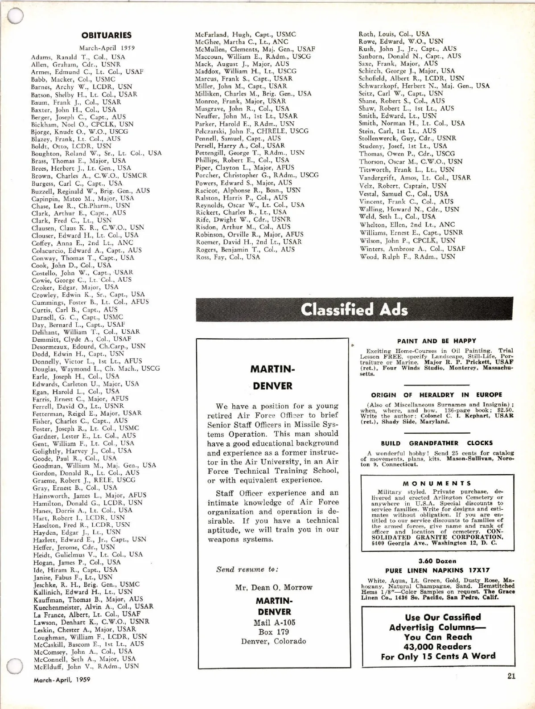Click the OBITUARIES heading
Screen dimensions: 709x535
[107, 35]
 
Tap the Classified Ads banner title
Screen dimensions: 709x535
[354, 310]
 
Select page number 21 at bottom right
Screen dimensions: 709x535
[511, 676]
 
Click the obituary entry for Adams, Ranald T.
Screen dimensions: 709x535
[78, 57]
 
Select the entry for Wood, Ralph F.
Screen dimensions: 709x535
[407, 256]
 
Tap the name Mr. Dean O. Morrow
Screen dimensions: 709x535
[274, 587]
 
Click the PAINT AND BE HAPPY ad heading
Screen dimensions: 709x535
[436, 341]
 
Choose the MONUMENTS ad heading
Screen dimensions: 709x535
[436, 483]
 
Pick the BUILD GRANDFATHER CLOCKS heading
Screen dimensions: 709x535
[436, 443]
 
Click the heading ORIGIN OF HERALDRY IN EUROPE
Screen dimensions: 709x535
[436, 395]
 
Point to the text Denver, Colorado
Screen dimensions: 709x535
[274, 641]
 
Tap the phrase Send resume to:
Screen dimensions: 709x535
[247, 569]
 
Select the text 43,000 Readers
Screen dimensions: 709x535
[437, 647]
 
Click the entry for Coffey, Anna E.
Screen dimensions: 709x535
[82, 243]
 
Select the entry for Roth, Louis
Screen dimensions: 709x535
[394, 34]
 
